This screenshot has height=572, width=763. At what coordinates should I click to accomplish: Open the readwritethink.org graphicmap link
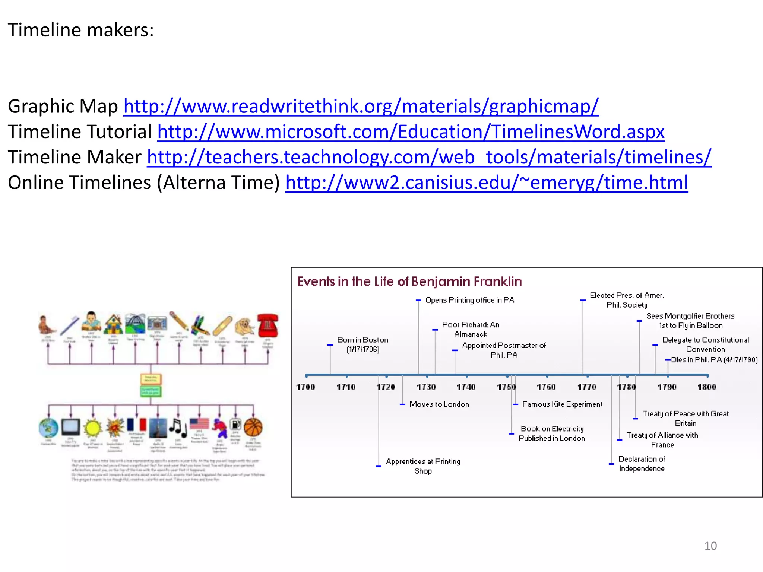point(361,107)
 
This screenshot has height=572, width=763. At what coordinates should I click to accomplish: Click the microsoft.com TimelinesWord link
point(411,132)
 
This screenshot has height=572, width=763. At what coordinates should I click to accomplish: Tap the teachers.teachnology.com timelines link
point(429,157)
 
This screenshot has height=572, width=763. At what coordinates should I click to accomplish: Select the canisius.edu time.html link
point(487,182)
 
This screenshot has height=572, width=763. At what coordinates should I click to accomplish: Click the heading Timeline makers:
point(81,30)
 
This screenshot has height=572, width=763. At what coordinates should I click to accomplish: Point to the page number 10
point(710,546)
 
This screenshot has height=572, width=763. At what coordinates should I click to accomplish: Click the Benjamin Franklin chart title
point(409,282)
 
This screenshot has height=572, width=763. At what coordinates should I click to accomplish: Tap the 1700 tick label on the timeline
point(305,387)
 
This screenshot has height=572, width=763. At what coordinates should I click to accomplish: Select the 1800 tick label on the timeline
point(707,387)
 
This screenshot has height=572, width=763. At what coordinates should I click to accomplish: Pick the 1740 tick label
point(466,387)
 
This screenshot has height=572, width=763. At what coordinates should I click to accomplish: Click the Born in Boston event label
point(362,344)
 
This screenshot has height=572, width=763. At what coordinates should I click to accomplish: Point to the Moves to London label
point(439,404)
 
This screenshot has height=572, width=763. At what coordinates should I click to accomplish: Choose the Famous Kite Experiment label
point(562,404)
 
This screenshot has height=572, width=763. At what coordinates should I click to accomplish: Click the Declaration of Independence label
point(642,464)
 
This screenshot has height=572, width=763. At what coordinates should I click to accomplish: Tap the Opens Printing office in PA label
point(469,300)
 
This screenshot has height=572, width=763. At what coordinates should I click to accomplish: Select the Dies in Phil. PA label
point(714,360)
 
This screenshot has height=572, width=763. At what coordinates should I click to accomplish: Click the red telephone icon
point(267,325)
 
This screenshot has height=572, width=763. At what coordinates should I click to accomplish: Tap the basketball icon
point(253,427)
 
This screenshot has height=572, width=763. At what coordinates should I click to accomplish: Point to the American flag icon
point(199,424)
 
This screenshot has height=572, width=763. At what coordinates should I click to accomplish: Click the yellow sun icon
point(93,428)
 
